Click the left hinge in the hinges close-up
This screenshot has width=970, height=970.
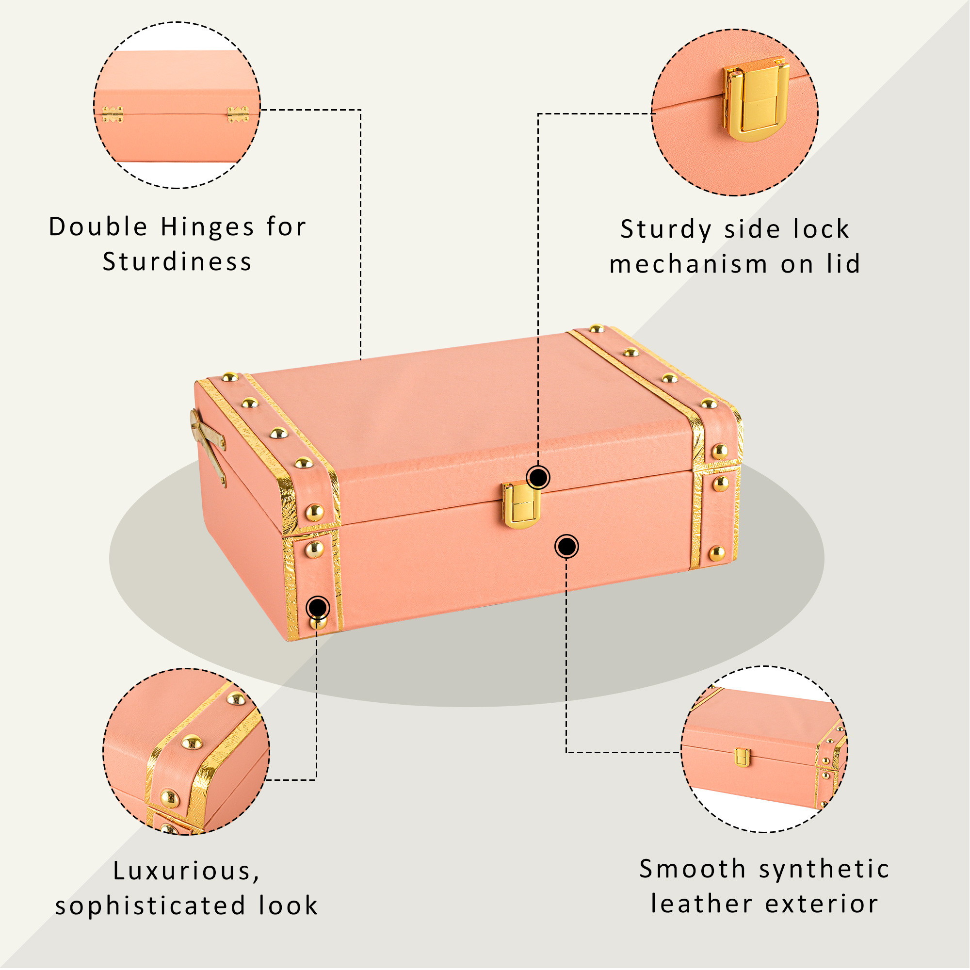pyautogui.click(x=113, y=114)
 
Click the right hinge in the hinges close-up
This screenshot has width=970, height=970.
pyautogui.click(x=238, y=114)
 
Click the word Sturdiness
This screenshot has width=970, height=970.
pyautogui.click(x=177, y=262)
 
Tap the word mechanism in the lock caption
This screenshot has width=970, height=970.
pyautogui.click(x=688, y=265)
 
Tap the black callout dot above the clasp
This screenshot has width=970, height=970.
pyautogui.click(x=538, y=477)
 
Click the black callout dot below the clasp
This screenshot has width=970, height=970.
pyautogui.click(x=566, y=546)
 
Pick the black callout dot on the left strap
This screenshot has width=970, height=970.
pyautogui.click(x=318, y=608)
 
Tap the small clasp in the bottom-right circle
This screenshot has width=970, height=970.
pyautogui.click(x=742, y=758)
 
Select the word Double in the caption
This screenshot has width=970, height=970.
pyautogui.click(x=98, y=227)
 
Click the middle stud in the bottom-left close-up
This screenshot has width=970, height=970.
pyautogui.click(x=191, y=743)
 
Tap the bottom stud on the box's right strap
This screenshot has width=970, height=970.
pyautogui.click(x=717, y=553)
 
